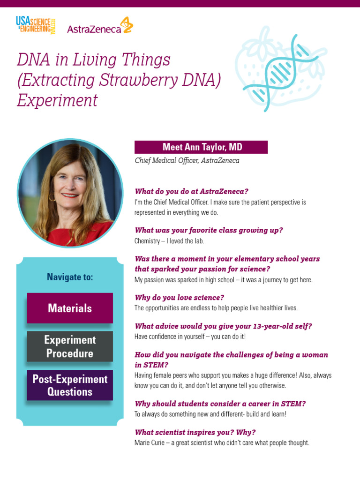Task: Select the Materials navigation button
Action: (70, 308)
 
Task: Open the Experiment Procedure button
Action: (70, 346)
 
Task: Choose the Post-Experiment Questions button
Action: (70, 385)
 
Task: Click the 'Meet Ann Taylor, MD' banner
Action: (201, 147)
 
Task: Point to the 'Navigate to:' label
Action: (70, 277)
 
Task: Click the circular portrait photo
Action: (70, 193)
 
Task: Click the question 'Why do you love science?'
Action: (180, 298)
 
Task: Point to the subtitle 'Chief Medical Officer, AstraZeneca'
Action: (187, 160)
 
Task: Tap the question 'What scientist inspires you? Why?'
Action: (195, 432)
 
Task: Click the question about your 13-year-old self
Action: (223, 326)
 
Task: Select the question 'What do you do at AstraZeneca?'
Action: (191, 191)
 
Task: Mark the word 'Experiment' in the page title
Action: (57, 100)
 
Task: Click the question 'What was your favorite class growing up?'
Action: (209, 230)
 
